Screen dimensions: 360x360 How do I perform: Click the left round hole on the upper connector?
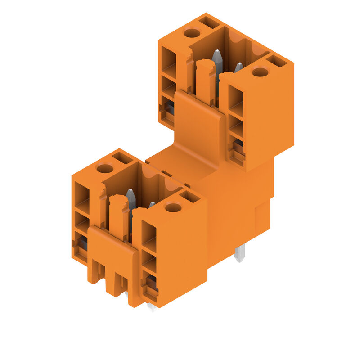click(x=192, y=33)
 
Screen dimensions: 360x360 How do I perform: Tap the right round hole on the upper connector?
click(x=260, y=72)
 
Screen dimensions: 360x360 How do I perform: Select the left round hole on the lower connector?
click(x=105, y=169)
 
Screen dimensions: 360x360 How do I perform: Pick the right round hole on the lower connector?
click(x=173, y=207)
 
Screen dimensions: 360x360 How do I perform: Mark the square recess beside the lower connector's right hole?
click(x=189, y=196)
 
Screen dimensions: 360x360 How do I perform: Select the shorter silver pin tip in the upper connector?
click(x=238, y=67)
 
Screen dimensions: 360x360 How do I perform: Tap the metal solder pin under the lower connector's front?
click(x=152, y=307)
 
